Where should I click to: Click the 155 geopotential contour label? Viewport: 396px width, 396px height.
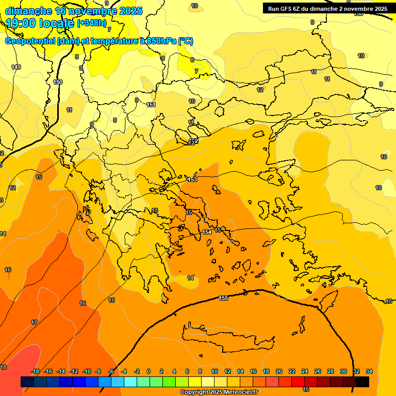click(223, 299)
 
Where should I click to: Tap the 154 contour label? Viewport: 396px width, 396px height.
click(207, 233)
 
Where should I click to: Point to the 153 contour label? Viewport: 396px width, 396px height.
click(192, 179)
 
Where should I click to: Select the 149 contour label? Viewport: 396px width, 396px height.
click(16, 68)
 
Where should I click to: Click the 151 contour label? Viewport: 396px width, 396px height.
click(151, 105)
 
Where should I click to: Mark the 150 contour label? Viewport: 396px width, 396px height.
click(58, 82)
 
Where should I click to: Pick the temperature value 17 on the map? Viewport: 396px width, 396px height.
click(34, 322)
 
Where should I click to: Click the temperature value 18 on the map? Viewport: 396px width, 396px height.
click(3, 367)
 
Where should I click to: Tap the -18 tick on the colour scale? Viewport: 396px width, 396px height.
click(35, 371)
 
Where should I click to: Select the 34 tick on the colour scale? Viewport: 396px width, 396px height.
click(369, 371)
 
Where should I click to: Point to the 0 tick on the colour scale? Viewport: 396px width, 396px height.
click(148, 371)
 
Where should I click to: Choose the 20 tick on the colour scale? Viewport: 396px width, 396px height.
click(279, 371)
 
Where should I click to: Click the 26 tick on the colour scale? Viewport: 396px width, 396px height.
click(318, 371)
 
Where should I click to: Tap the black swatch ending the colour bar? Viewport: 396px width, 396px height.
click(362, 382)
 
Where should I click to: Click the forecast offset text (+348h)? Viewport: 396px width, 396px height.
click(92, 23)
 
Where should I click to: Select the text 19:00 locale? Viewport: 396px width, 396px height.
click(40, 23)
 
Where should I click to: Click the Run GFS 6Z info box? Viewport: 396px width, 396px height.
click(327, 9)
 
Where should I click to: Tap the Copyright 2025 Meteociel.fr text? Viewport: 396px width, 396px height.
click(219, 392)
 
